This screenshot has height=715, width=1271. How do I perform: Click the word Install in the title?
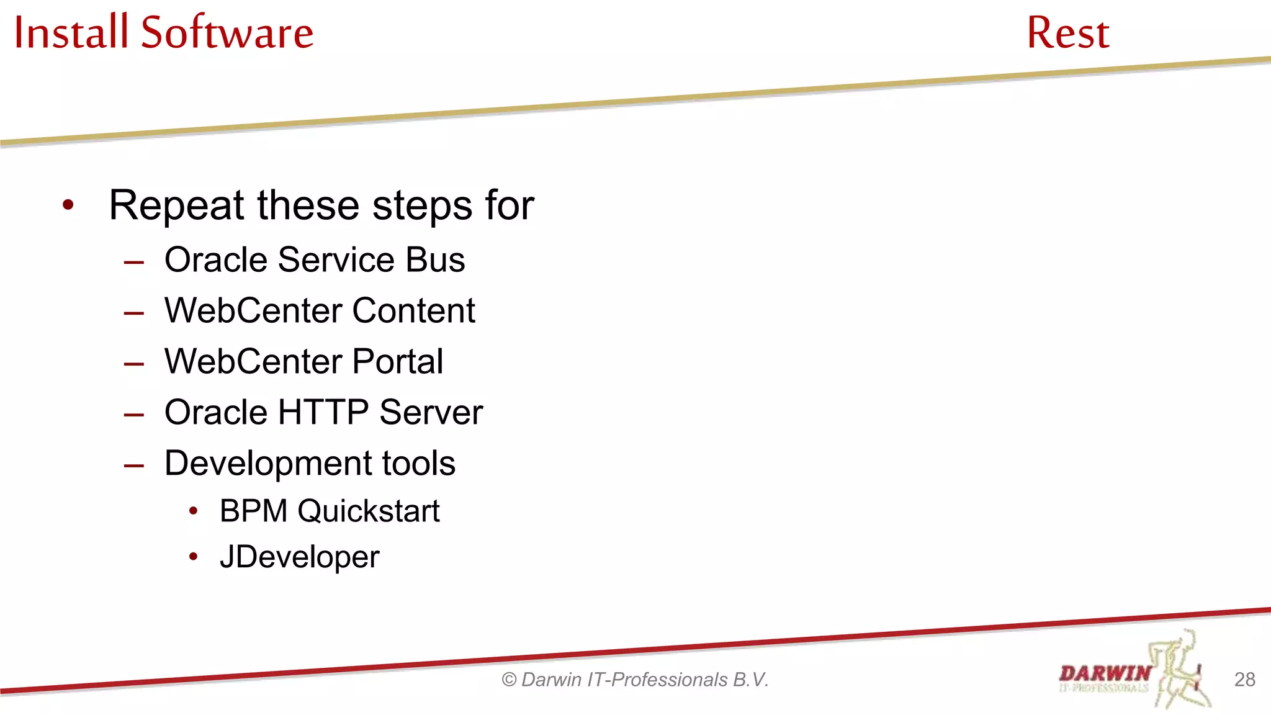71,32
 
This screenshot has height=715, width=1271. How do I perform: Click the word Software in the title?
227,32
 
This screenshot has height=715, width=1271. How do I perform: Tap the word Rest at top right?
1067,33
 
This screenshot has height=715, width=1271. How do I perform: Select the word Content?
413,310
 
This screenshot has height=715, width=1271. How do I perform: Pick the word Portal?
397,361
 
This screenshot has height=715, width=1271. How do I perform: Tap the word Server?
431,412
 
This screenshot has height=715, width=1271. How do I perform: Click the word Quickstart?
368,511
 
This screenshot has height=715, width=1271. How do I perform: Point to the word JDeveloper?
299,557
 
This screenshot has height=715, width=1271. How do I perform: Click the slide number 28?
1244,680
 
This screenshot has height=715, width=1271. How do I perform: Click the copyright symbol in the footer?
509,680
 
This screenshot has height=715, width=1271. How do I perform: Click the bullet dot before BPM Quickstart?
194,511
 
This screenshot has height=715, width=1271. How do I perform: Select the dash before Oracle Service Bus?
134,262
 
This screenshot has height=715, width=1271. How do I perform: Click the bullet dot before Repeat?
68,205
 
